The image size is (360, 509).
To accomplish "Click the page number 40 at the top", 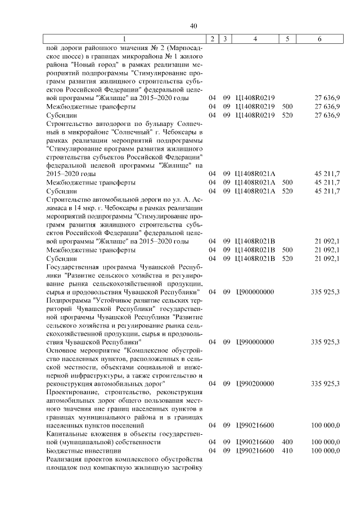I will coord(194,26).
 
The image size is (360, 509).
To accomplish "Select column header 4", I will coord(255,39).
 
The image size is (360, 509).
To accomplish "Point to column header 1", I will coord(125,39).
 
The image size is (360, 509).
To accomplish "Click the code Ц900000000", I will coord(255,292).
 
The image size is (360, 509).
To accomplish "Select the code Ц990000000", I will coord(255,341).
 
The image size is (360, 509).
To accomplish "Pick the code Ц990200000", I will coord(255,383).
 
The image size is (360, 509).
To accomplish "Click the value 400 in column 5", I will coord(287,442).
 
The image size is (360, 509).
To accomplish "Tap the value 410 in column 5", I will coord(287,451).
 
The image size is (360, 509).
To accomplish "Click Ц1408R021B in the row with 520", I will coord(255,258).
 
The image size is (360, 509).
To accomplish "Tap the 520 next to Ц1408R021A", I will coord(287,191).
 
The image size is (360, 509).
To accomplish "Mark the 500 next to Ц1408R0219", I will coord(287,106).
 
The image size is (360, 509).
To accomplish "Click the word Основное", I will coord(60,350).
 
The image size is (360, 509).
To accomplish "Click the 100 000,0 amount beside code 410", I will coord(326,451).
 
